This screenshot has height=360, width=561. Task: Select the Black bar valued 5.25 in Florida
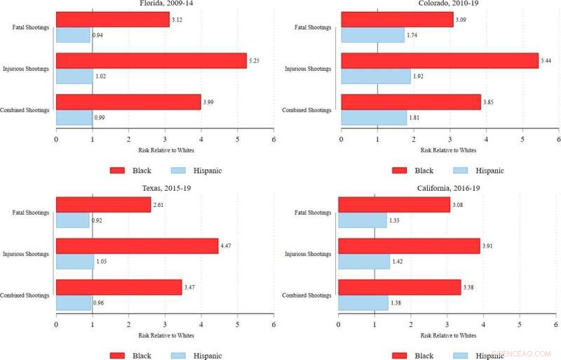pos(151,61)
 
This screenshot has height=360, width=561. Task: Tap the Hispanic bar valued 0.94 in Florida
pos(74,35)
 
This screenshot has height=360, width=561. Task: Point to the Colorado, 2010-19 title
pos(449,3)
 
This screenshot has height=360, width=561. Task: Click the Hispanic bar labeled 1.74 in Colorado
pos(372,35)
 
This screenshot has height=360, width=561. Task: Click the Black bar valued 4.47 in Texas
pos(137,246)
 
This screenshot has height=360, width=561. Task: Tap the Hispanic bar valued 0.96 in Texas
pos(74,303)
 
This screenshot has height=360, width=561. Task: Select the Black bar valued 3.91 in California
pos(410,246)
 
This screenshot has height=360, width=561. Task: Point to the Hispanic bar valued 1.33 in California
pos(363,220)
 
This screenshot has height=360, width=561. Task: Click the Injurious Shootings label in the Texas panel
pos(26,254)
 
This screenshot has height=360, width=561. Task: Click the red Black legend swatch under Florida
pos(118,171)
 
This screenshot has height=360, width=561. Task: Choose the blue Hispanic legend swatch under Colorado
pos(461,171)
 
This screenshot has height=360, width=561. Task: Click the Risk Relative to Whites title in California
pos(447,335)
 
